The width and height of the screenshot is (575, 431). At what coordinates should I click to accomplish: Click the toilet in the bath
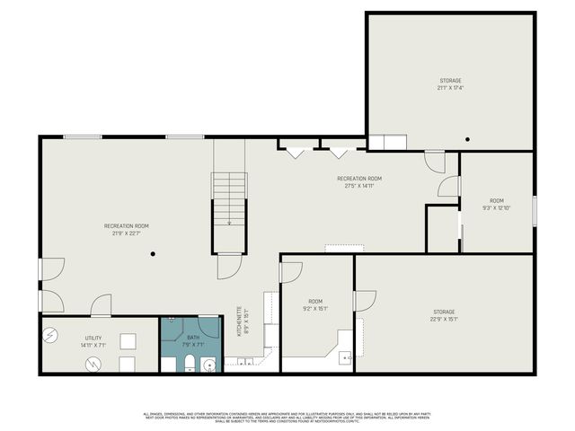click(190, 363)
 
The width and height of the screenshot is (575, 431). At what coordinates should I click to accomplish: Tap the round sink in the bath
click(209, 365)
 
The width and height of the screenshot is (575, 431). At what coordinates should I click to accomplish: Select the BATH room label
click(193, 338)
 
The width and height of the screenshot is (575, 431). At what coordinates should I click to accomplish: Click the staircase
click(229, 198)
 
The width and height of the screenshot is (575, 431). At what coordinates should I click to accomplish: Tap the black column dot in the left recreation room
click(154, 254)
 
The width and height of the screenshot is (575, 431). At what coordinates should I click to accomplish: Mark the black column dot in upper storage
click(467, 139)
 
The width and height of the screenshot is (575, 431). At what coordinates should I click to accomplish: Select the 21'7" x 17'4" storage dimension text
click(450, 88)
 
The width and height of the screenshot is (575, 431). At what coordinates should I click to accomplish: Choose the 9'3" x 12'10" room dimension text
click(497, 207)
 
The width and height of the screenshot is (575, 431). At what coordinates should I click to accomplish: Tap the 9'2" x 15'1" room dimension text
click(315, 308)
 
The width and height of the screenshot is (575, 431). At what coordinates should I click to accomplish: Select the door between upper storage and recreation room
click(435, 163)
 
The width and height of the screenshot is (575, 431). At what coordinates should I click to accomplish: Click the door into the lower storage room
click(365, 301)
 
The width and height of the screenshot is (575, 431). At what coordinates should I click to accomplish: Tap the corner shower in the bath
click(174, 327)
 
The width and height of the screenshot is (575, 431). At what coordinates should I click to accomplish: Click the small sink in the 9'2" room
click(345, 356)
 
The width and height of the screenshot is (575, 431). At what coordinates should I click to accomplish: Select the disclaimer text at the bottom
click(287, 417)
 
